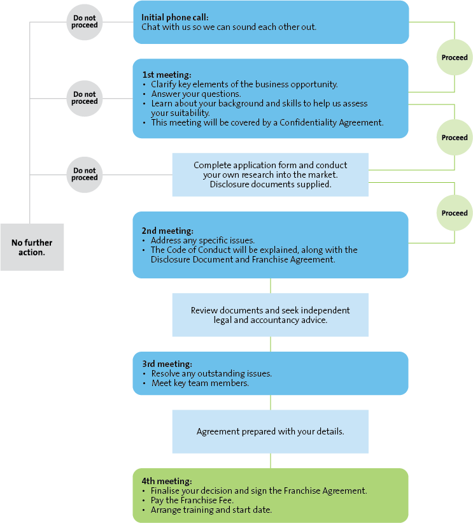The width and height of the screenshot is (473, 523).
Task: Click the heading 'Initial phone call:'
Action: pyautogui.click(x=174, y=17)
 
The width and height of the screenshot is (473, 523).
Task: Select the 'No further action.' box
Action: pyautogui.click(x=32, y=247)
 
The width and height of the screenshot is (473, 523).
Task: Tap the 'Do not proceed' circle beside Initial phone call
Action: pyautogui.click(x=85, y=22)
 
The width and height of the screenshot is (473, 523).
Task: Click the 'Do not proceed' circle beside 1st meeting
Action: pyautogui.click(x=85, y=98)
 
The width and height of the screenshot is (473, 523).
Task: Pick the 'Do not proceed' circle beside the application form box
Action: pyautogui.click(x=85, y=174)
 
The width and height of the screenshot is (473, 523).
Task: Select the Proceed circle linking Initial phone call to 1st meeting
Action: pyautogui.click(x=455, y=57)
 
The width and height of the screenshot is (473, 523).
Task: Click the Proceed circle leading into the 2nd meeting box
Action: pyautogui.click(x=455, y=213)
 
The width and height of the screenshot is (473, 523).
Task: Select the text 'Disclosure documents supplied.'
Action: pyautogui.click(x=270, y=184)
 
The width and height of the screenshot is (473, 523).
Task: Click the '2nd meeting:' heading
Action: pyautogui.click(x=167, y=231)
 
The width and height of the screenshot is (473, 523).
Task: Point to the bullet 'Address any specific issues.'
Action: pyautogui.click(x=202, y=240)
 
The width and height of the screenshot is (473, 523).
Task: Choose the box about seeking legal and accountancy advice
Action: pyautogui.click(x=270, y=315)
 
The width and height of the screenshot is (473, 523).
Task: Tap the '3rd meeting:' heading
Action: pyautogui.click(x=167, y=364)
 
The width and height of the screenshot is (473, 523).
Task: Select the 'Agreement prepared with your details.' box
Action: pyautogui.click(x=270, y=431)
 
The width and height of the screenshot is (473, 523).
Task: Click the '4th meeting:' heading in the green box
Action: pyautogui.click(x=167, y=481)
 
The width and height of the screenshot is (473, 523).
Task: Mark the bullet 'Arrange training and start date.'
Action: pyautogui.click(x=211, y=510)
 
